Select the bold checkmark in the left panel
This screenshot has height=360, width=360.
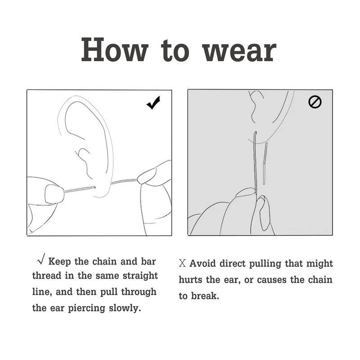(x=153, y=103)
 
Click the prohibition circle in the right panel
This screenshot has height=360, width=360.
(x=315, y=102)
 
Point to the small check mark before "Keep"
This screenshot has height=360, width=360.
(x=41, y=259)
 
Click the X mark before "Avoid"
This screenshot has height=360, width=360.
(x=182, y=263)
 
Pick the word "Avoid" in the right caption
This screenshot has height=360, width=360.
(x=202, y=263)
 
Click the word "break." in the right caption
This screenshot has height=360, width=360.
(x=205, y=296)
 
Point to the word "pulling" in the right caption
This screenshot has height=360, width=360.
(x=265, y=264)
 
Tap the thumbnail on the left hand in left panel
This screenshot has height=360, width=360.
(x=53, y=194)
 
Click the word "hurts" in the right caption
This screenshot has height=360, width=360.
(x=190, y=279)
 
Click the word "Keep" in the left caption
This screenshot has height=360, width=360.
(x=60, y=262)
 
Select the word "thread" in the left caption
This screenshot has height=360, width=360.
(x=47, y=276)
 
